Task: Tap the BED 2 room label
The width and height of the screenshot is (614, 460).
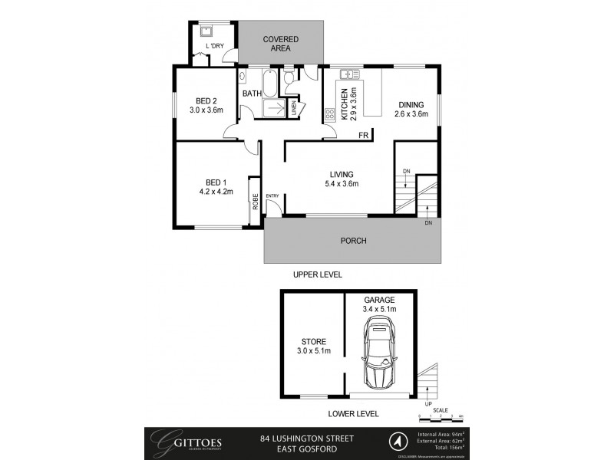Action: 206,100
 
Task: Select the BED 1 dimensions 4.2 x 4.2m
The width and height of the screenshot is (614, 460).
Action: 215,192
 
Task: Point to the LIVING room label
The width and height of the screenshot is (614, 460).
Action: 343,174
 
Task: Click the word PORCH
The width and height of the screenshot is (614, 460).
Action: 353,241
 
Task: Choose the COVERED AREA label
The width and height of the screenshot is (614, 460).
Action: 280,44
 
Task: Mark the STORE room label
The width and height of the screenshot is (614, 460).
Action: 313,341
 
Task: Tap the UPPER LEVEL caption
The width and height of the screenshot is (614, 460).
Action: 317,274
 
